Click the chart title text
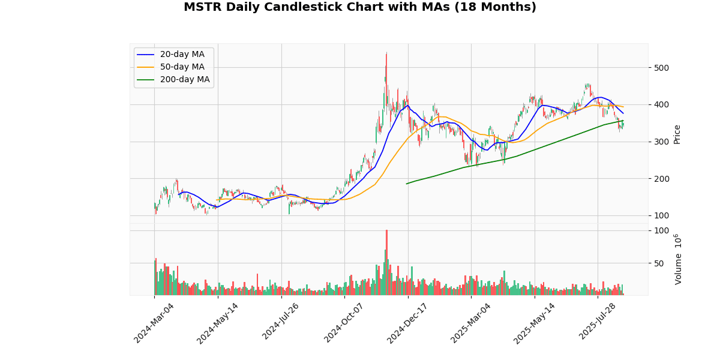pos(360,7)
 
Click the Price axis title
pos(677,134)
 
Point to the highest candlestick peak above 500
pos(386,53)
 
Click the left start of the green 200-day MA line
pos(407,184)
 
